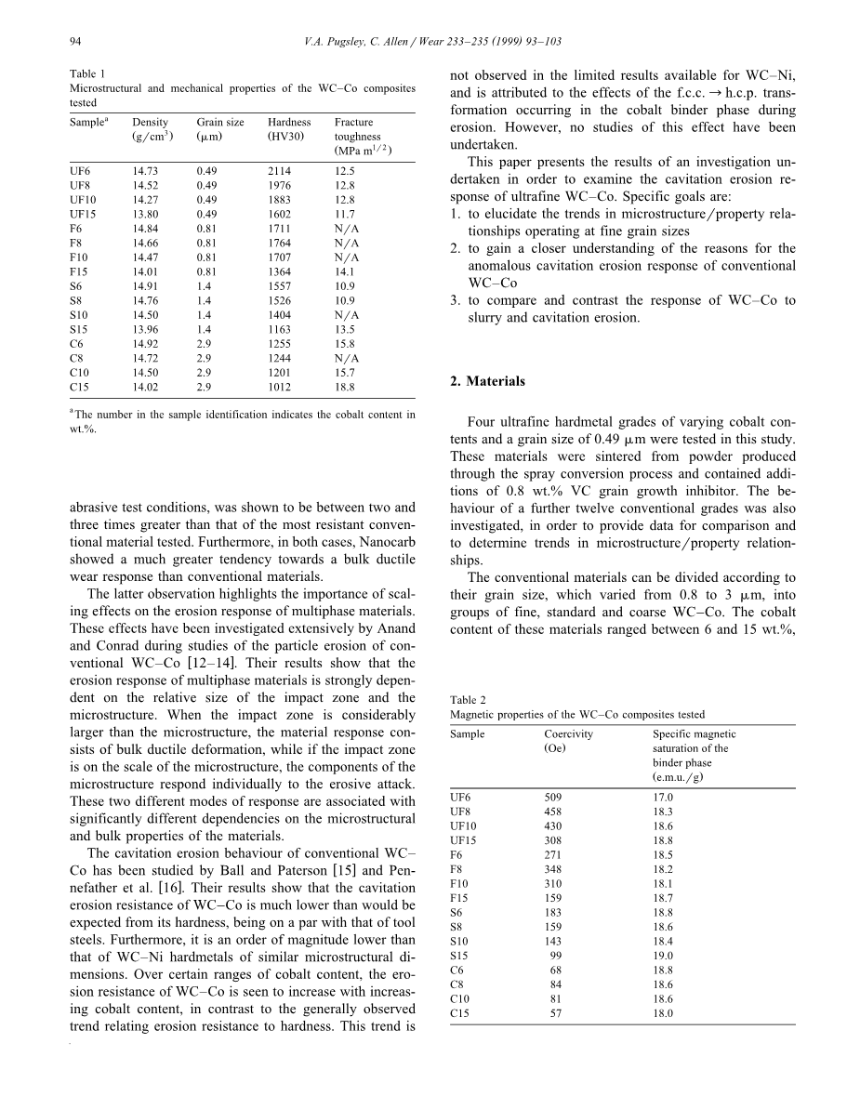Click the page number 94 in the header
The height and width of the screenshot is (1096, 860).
tap(76, 41)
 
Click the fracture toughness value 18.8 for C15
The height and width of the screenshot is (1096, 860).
tap(345, 387)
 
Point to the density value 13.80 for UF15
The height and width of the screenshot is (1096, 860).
tap(145, 214)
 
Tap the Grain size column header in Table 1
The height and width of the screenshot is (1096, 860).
tap(220, 122)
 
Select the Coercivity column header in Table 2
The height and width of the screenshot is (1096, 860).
tap(568, 733)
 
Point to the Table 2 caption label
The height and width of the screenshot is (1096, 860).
tap(469, 700)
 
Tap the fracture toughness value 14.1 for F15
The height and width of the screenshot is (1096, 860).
tap(344, 271)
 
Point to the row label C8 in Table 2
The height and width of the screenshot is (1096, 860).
tap(456, 984)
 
